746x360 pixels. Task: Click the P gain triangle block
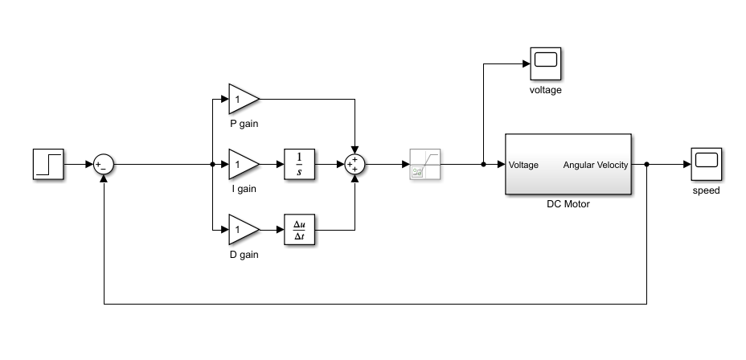[x=242, y=99]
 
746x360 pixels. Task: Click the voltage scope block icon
[x=545, y=62]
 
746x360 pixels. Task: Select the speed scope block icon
[x=706, y=164]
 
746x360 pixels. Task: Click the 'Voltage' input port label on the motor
[x=523, y=165]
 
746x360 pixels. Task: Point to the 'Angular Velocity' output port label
[x=595, y=165]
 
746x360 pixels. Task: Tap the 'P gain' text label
[x=244, y=123]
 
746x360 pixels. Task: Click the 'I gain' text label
[x=244, y=189]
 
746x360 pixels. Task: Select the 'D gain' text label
[x=244, y=255]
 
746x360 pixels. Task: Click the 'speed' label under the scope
[x=706, y=190]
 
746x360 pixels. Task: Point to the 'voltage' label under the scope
[x=545, y=89]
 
